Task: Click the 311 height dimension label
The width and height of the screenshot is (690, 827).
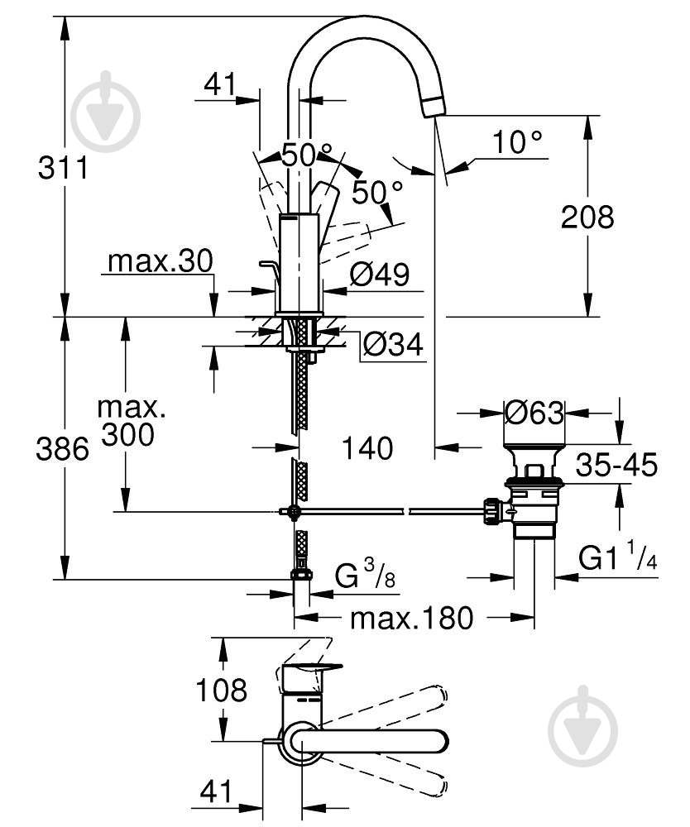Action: [63, 168]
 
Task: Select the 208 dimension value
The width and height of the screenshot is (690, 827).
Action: [587, 217]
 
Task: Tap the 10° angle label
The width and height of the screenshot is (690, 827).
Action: [517, 142]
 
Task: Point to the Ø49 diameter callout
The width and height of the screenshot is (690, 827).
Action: [380, 275]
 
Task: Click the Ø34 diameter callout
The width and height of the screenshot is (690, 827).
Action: [393, 345]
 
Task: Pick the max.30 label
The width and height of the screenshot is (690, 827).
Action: [160, 261]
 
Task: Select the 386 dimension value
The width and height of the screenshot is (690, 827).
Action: [62, 450]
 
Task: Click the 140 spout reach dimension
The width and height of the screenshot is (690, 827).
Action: [367, 447]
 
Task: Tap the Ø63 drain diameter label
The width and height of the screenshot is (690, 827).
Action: [534, 413]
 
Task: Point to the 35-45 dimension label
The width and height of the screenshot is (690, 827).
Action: [616, 465]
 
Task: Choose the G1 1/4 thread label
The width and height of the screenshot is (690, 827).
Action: [618, 556]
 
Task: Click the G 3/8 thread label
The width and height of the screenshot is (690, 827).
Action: [365, 574]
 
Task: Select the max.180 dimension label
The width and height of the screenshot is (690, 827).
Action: [412, 618]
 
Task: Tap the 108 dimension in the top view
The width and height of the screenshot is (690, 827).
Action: [221, 690]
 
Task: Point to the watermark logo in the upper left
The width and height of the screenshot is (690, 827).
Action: [106, 112]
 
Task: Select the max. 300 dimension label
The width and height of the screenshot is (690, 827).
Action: [129, 422]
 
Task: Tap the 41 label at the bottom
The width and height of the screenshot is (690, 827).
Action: [216, 791]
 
